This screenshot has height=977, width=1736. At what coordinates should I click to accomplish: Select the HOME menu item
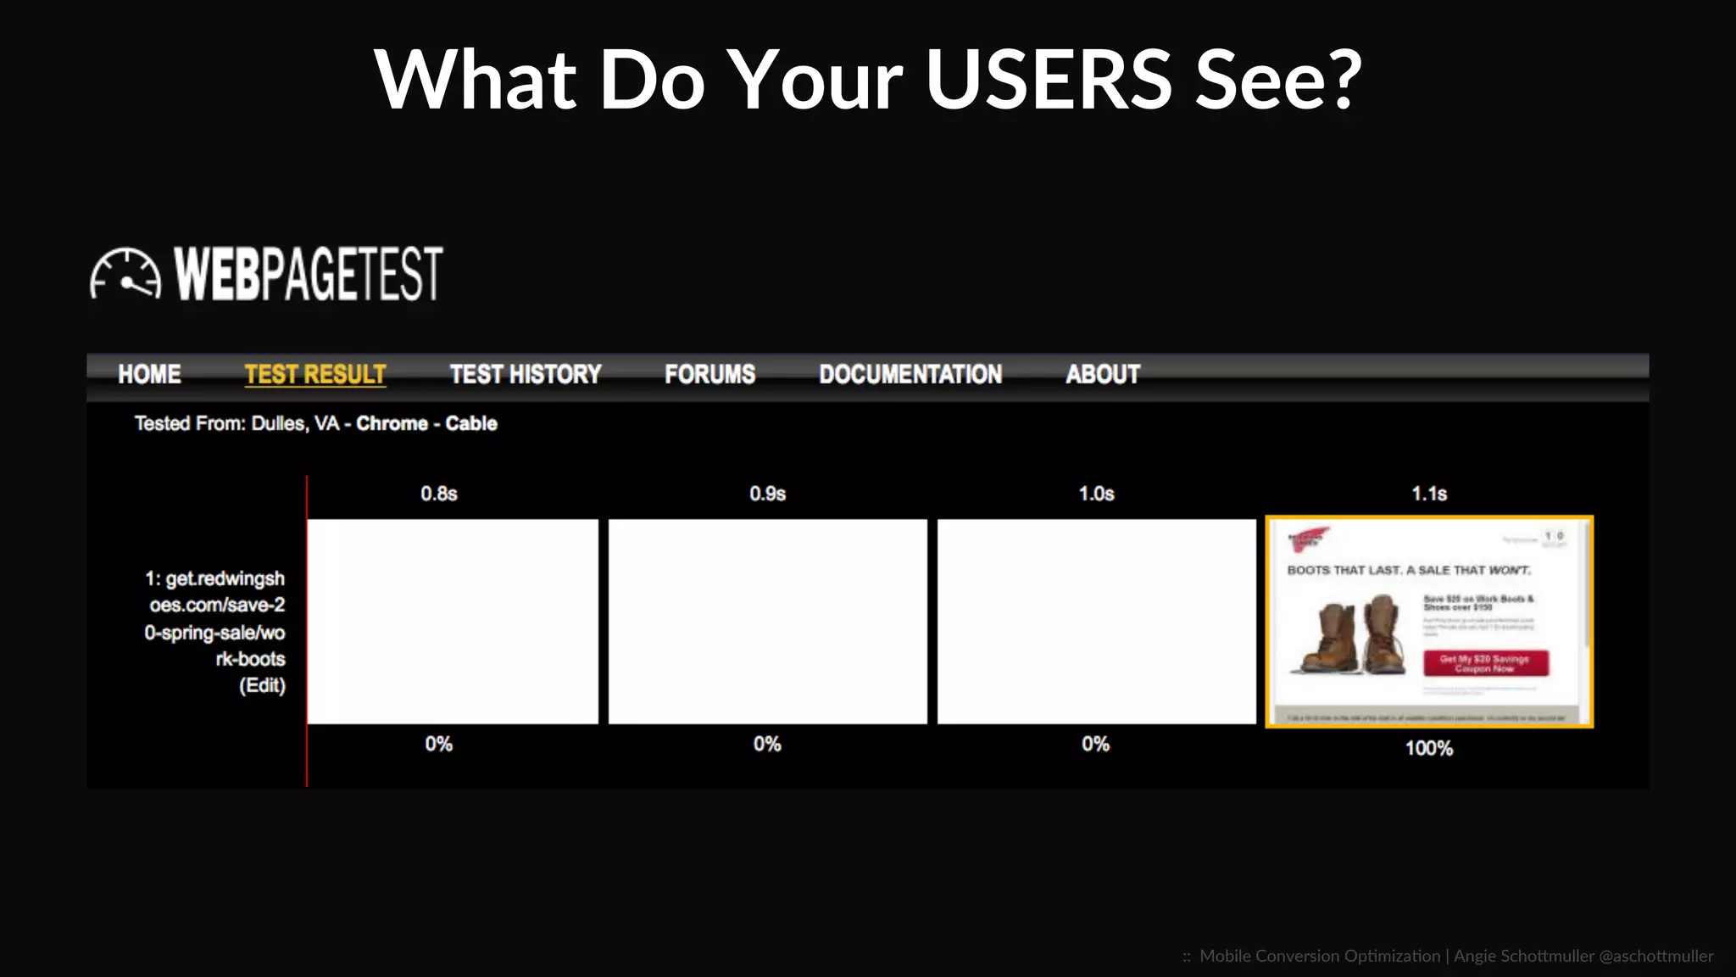point(149,374)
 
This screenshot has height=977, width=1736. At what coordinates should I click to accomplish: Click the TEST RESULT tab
point(315,374)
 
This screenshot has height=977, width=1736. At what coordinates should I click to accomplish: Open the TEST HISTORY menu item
point(525,374)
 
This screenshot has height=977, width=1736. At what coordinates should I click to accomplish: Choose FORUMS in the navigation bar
point(709,374)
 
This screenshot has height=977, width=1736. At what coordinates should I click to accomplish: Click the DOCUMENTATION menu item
point(910,374)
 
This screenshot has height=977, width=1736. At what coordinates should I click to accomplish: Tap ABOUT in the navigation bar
point(1103,374)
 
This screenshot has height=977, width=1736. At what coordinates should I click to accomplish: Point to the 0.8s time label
point(438,494)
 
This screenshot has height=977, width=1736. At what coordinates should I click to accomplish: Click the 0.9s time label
point(767,494)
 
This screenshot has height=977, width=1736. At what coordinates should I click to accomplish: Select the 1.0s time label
point(1096,494)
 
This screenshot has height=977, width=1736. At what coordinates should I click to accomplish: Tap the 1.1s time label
point(1429,494)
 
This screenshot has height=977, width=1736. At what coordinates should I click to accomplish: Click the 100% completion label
point(1429,748)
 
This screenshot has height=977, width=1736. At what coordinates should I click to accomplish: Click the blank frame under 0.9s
point(767,622)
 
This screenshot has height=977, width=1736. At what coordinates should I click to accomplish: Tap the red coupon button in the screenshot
point(1485,663)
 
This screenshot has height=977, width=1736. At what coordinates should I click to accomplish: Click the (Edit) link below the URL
point(262,685)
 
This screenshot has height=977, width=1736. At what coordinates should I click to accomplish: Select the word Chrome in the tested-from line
point(392,423)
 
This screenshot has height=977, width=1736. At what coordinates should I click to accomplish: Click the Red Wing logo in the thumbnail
point(1308,539)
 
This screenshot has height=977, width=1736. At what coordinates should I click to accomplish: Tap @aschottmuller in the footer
point(1655,956)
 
